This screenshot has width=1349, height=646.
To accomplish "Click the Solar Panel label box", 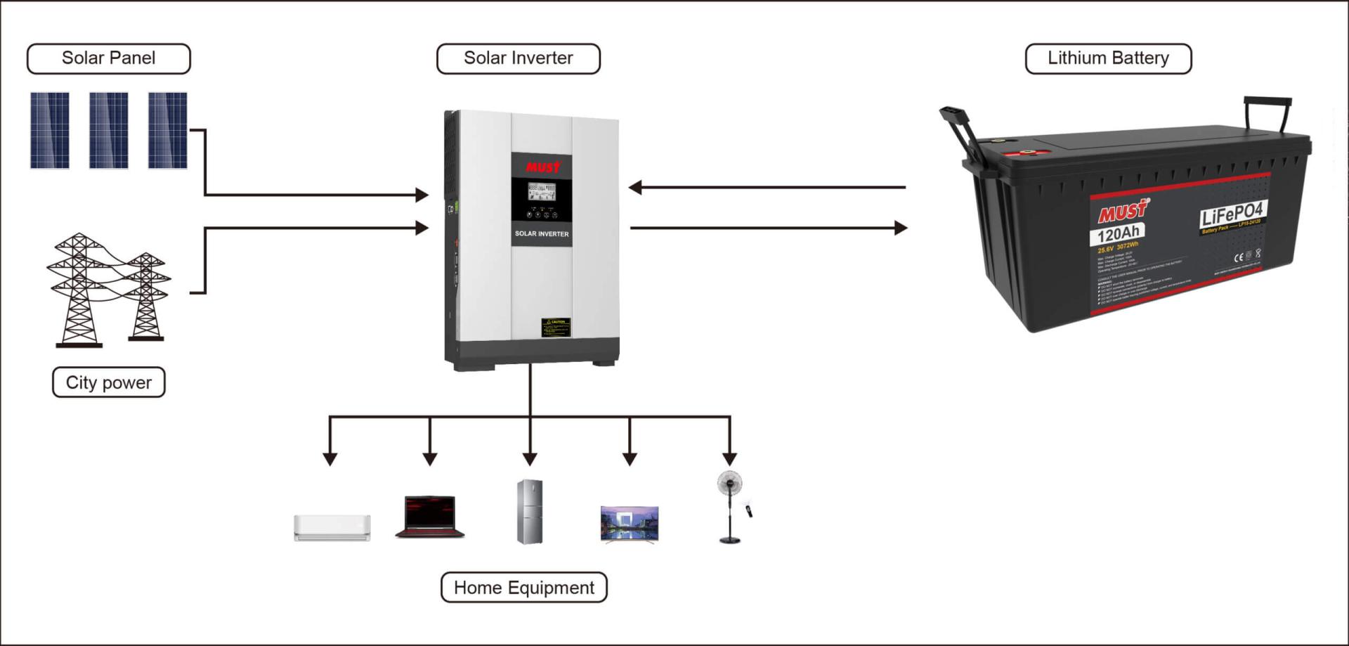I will [x=108, y=58].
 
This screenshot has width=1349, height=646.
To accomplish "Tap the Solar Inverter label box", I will [x=518, y=58].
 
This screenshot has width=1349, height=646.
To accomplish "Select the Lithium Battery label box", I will [x=1108, y=58].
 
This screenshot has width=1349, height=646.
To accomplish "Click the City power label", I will [x=108, y=382].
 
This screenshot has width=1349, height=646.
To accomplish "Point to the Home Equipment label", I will [x=523, y=588].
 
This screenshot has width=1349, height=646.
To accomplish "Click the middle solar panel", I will [x=108, y=130].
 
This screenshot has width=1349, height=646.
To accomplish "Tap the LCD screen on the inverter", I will [x=542, y=190].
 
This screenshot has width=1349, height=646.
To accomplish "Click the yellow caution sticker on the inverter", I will [x=555, y=327].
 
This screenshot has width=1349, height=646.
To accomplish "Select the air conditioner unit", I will [x=332, y=527].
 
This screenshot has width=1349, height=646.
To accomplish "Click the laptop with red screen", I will [x=430, y=517].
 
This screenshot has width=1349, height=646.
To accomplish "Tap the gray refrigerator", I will [x=530, y=512].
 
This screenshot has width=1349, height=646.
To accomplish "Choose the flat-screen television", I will [x=630, y=524].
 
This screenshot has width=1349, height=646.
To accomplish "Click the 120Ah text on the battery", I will [x=1117, y=234].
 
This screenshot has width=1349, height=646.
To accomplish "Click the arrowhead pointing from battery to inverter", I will [x=635, y=187].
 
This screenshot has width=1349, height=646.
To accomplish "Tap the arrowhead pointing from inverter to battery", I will [x=900, y=228].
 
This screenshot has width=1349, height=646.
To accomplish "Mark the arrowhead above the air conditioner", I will [x=330, y=459].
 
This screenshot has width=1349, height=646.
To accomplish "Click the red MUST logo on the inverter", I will [x=542, y=167].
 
